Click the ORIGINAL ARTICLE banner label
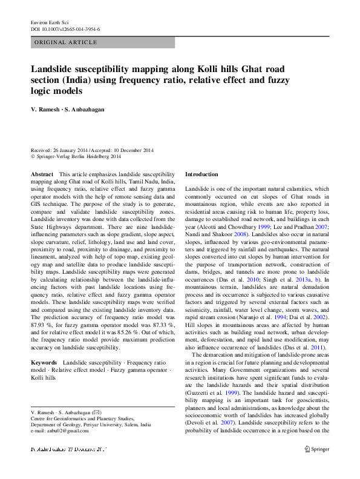(x=66, y=42)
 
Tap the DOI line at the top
(x=65, y=29)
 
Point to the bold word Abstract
(x=42, y=174)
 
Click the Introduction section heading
(x=201, y=174)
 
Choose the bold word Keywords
(x=44, y=362)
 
